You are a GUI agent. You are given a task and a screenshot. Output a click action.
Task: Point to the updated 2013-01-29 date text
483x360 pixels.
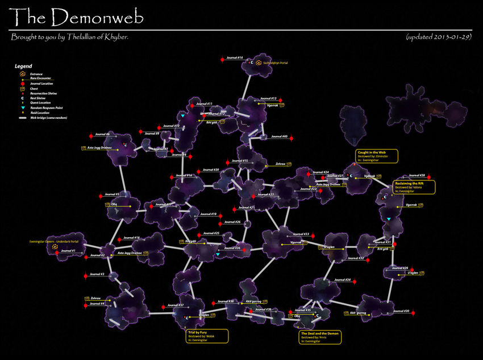[438, 37]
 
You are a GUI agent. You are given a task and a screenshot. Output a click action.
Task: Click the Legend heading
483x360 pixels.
[23, 66]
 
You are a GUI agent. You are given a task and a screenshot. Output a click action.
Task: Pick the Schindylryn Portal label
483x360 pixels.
[275, 63]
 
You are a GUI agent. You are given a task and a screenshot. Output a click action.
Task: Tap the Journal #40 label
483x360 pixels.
[278, 136]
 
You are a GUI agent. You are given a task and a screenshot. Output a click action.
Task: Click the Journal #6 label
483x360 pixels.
[102, 134]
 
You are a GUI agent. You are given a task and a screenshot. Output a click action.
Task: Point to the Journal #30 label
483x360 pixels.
[401, 311]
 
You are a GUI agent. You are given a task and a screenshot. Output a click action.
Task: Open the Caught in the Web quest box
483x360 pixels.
[377, 156]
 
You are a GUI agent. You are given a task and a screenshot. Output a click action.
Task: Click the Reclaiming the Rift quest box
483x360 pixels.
[414, 187]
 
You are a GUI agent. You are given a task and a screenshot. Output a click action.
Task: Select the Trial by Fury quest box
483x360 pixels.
[207, 336]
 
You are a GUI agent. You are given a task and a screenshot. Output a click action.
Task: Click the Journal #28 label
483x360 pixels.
[417, 176]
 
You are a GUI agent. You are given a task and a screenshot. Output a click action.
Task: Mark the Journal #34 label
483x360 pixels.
[343, 280]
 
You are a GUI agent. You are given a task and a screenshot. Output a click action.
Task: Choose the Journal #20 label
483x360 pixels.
[211, 169]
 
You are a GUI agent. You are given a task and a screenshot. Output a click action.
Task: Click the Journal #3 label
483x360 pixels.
[97, 274]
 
